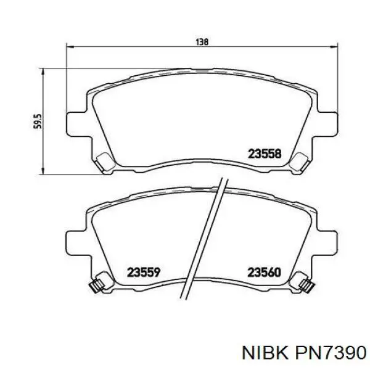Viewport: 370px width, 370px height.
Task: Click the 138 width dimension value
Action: pos(202,42)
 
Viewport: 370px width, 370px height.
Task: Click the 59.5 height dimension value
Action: pos(37,121)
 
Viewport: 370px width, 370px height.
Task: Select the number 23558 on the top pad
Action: pos(265,155)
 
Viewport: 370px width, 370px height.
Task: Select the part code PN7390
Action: pos(333,351)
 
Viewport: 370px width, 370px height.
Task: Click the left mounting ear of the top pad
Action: pos(76,122)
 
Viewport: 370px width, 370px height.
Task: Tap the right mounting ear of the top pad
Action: pos(330,122)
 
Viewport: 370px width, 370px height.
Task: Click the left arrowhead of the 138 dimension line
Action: pos(69,47)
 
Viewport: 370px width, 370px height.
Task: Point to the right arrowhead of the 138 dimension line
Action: pos(336,47)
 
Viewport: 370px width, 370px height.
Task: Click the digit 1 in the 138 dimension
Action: pos(197,42)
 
